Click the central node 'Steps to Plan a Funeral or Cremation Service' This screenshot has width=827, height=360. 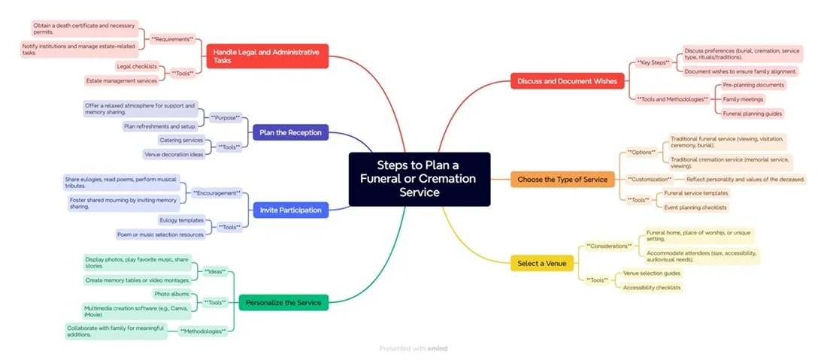pos(420,180)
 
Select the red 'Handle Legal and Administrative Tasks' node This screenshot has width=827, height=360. pos(267,56)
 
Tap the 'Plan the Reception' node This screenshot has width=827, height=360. pos(289,132)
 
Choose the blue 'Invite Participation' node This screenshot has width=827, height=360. pos(289,210)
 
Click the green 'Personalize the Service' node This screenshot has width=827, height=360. pos(284,303)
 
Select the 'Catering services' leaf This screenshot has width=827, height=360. pos(181,140)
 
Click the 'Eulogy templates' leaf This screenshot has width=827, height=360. pos(180,220)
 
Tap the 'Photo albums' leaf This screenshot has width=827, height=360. pos(172,294)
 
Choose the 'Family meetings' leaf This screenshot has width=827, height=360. pos(742,99)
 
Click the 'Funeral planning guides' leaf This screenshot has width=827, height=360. pos(752,113)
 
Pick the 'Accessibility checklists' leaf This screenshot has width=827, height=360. pos(651,287)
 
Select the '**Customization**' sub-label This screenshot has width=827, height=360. pos(650,180)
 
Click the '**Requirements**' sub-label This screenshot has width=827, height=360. pos(172,38)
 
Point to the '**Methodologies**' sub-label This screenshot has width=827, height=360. pos(202,331)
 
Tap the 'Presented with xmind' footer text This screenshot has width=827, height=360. pos(413,348)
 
